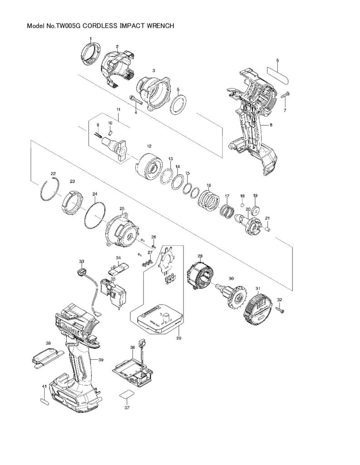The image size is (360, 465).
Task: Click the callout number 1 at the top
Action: point(90,39)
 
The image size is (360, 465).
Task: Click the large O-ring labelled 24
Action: point(94,218)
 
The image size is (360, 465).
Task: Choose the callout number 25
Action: point(122,208)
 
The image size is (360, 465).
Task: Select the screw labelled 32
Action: point(280,309)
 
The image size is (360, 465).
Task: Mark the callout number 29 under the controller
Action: point(179,338)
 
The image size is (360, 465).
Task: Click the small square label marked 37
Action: point(127,396)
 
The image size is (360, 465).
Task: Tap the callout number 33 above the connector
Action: point(81,262)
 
